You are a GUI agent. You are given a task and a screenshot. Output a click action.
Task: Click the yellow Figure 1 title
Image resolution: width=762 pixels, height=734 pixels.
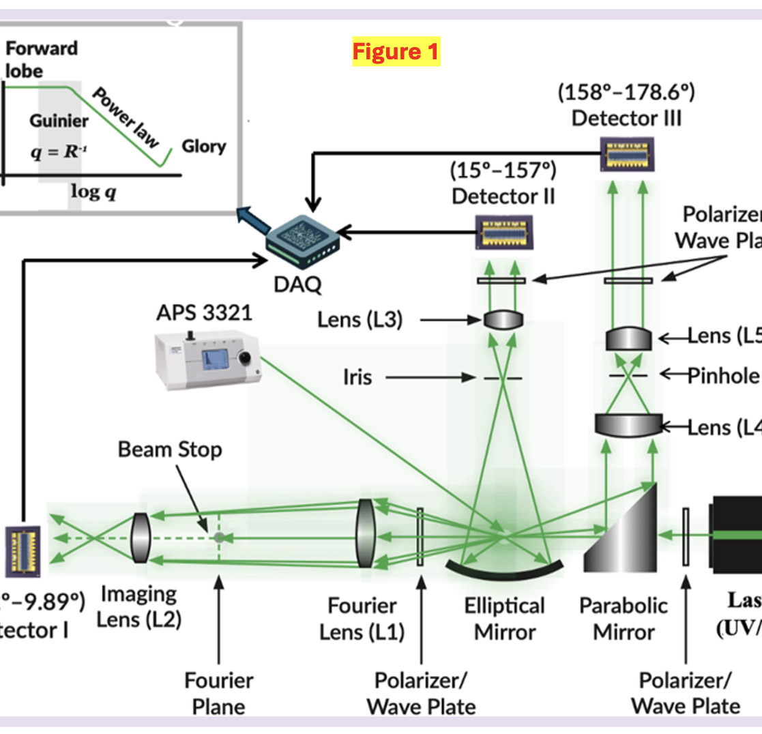tap(396, 53)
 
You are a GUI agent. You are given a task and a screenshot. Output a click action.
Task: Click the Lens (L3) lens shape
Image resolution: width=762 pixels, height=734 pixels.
tap(503, 319)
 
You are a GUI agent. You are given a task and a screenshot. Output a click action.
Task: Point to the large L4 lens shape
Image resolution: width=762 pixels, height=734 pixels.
tap(628, 425)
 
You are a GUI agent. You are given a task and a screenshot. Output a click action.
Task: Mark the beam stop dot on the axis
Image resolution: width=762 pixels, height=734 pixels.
tap(219, 538)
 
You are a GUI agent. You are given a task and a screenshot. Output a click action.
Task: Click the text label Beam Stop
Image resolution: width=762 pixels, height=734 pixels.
tap(170, 450)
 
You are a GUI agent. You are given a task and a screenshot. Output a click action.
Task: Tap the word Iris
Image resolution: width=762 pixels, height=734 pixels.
tap(357, 377)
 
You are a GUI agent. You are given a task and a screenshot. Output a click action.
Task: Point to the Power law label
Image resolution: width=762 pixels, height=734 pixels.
tap(126, 117)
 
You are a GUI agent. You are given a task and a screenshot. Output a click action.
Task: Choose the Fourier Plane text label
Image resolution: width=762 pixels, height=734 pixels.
tap(218, 693)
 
